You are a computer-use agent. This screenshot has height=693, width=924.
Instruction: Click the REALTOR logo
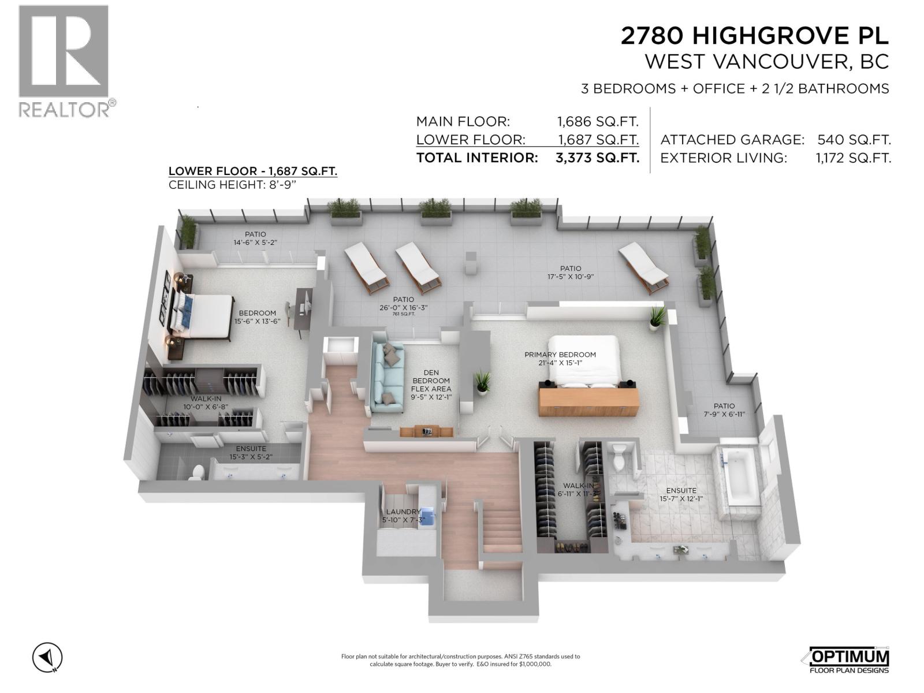64,61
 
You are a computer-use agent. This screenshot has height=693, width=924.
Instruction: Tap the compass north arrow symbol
47,657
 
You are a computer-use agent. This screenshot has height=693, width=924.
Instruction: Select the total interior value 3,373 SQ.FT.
597,158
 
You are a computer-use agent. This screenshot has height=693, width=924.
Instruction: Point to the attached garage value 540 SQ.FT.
854,140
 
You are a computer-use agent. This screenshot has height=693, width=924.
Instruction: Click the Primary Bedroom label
560,359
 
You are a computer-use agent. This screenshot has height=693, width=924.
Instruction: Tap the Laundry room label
403,516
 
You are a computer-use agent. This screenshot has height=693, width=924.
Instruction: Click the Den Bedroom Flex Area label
431,385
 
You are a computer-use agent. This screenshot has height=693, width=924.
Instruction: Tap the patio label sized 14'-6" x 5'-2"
255,239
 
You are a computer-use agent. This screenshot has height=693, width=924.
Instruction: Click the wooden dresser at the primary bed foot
589,401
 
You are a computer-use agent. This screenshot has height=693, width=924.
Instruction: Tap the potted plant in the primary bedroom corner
657,318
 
